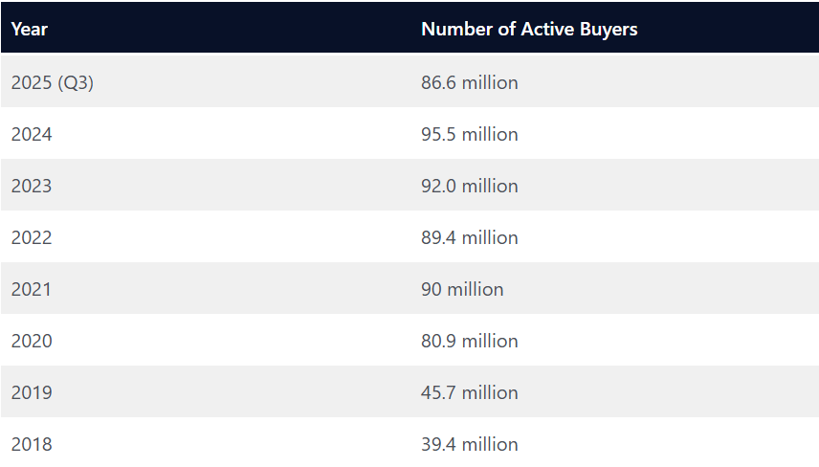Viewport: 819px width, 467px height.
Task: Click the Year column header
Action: [30, 29]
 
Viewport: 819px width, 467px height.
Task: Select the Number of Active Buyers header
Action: [529, 29]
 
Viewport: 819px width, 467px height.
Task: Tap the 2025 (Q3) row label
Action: [52, 82]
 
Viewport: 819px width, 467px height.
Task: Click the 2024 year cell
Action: [32, 134]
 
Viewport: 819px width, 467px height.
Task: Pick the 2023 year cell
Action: [32, 186]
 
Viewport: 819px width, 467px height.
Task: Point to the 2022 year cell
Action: [32, 237]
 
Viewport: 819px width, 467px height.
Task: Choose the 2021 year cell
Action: [32, 289]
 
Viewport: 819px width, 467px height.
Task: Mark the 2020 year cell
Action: [32, 341]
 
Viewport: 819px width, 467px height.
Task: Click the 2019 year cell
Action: [32, 392]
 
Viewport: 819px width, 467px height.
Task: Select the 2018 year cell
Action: [32, 444]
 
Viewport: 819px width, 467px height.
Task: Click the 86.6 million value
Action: [469, 82]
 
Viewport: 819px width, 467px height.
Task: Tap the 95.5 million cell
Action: [469, 134]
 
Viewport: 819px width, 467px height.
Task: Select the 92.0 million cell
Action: [469, 186]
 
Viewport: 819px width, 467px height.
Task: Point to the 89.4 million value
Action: [469, 237]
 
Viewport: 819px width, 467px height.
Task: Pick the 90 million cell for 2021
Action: [462, 289]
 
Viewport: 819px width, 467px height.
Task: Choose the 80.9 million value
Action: [469, 341]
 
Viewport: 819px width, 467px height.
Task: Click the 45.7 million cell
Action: [469, 392]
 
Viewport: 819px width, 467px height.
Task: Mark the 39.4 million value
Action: [469, 444]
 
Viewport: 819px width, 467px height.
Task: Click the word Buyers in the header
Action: [609, 29]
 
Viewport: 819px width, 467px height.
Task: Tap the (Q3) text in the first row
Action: [76, 82]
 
